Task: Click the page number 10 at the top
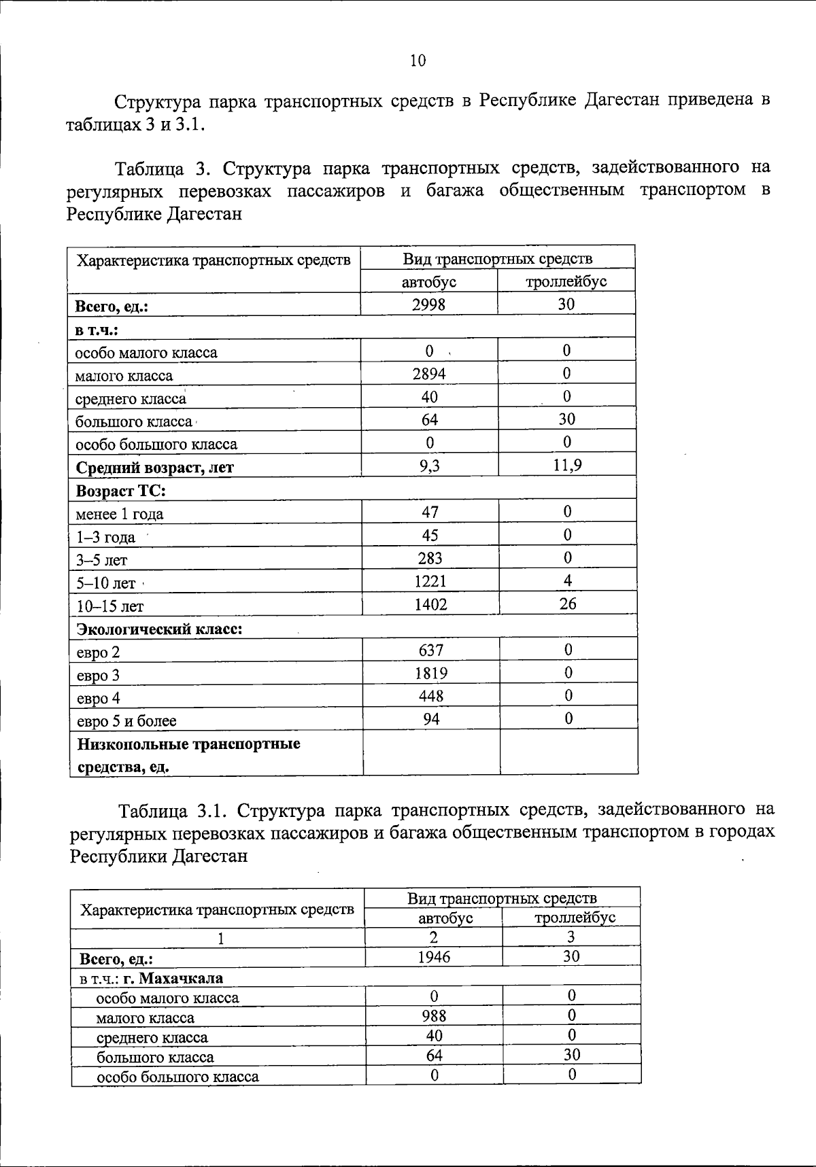pyautogui.click(x=418, y=61)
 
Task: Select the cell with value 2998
pyautogui.click(x=428, y=304)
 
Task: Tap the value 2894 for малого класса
pyautogui.click(x=429, y=373)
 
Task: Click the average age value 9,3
pyautogui.click(x=429, y=466)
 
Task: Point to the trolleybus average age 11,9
pyautogui.click(x=567, y=466)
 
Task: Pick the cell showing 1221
pyautogui.click(x=430, y=581)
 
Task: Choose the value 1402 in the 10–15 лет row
pyautogui.click(x=430, y=604)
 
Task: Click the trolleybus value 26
pyautogui.click(x=568, y=604)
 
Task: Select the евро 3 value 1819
pyautogui.click(x=431, y=674)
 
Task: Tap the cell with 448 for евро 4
pyautogui.click(x=431, y=697)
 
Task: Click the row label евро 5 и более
pyautogui.click(x=126, y=721)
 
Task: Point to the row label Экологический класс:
pyautogui.click(x=159, y=629)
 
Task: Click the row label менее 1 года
pyautogui.click(x=120, y=515)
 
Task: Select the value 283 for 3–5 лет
pyautogui.click(x=430, y=559)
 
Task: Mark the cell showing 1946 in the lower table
pyautogui.click(x=434, y=957)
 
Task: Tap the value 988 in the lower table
pyautogui.click(x=434, y=1016)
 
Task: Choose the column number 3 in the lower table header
pyautogui.click(x=571, y=937)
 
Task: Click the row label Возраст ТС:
pyautogui.click(x=121, y=491)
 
